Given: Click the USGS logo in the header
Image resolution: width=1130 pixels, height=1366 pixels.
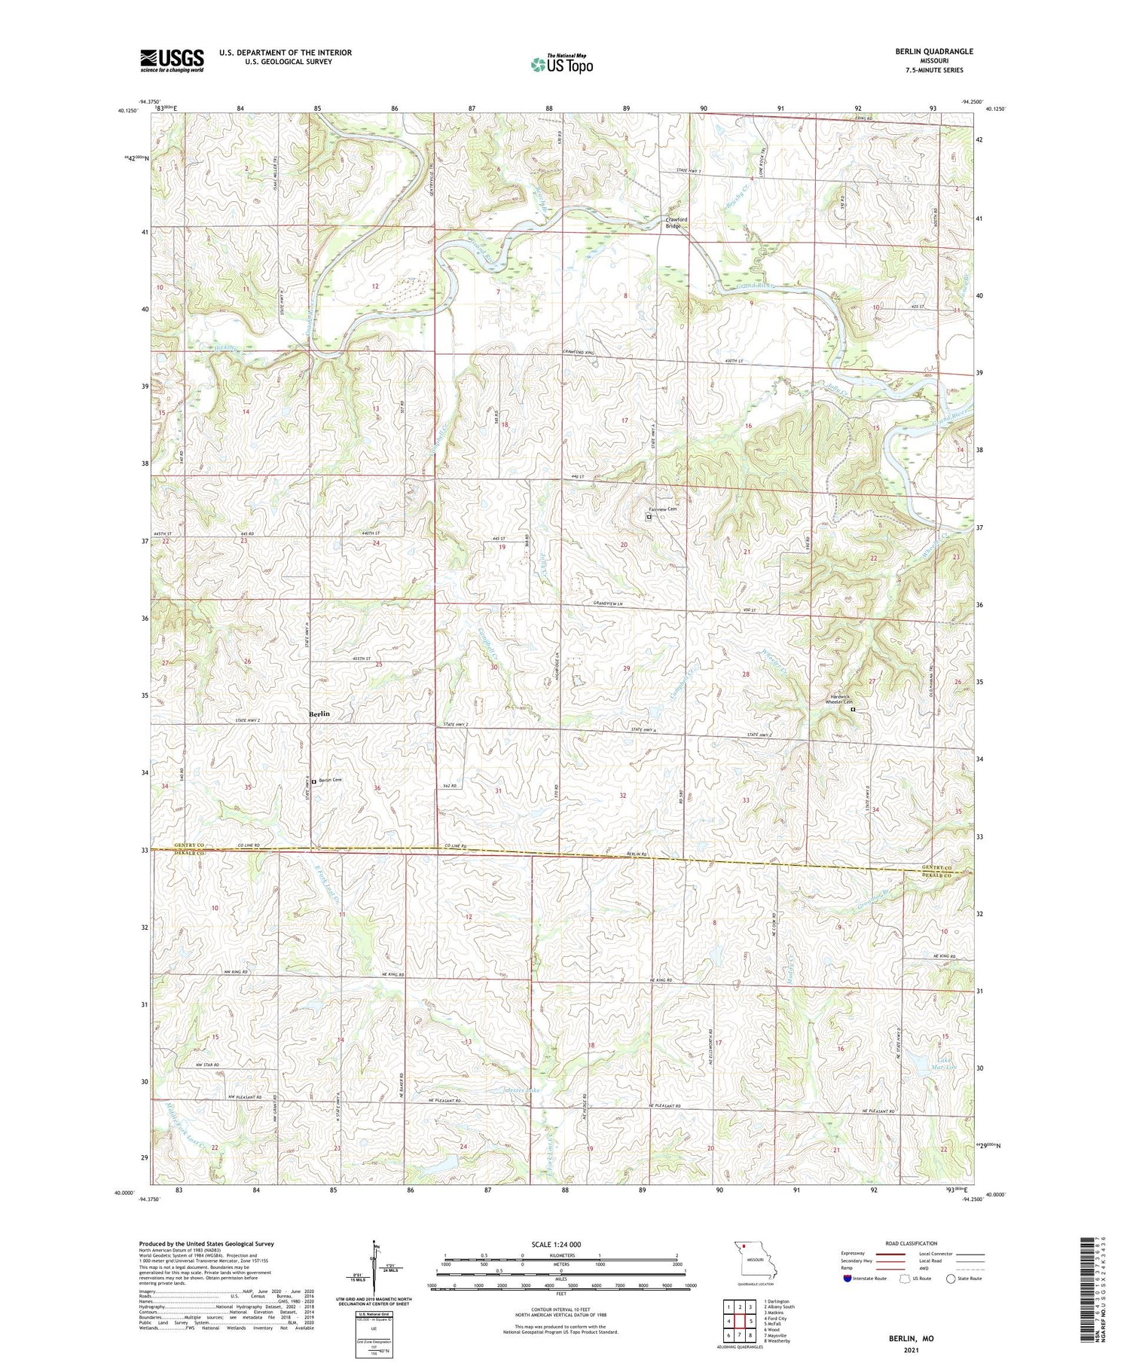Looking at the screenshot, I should [x=172, y=60].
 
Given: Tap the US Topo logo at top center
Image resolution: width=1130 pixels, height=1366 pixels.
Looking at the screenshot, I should [x=562, y=64].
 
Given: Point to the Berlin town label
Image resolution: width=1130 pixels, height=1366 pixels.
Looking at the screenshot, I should [x=319, y=714].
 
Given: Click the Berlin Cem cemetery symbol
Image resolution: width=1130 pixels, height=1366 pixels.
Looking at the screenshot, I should [x=313, y=781].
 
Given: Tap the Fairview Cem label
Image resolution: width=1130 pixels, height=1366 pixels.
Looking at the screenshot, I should [x=667, y=509].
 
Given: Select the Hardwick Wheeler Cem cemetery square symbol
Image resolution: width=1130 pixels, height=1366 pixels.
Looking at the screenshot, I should [x=853, y=709].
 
